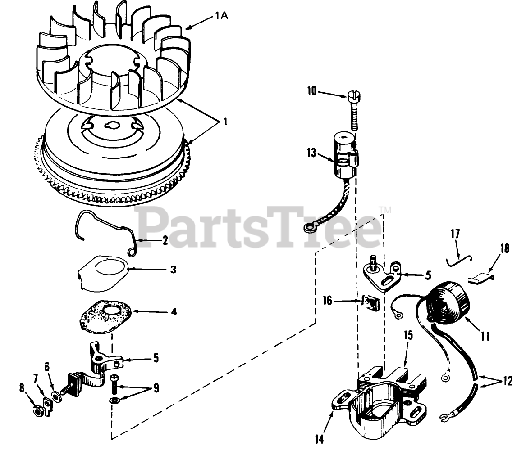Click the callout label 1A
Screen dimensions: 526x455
pos(221,17)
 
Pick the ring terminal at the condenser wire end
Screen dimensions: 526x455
pos(310,229)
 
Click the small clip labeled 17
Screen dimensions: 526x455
pos(458,259)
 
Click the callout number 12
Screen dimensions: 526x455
pos(507,382)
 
